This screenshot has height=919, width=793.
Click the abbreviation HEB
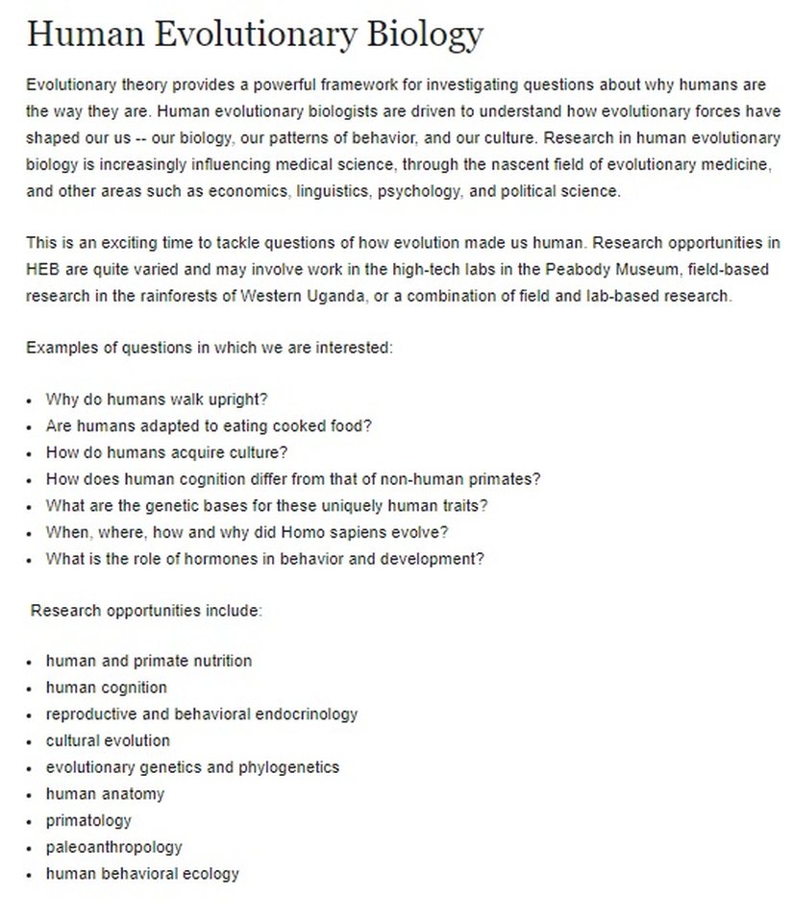(43, 270)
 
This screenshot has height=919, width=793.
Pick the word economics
(229, 191)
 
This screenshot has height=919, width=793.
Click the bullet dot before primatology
(31, 822)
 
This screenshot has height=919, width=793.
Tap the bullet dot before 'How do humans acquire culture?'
(31, 453)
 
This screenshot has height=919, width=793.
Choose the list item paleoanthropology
(113, 848)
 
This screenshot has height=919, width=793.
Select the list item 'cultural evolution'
(108, 741)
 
